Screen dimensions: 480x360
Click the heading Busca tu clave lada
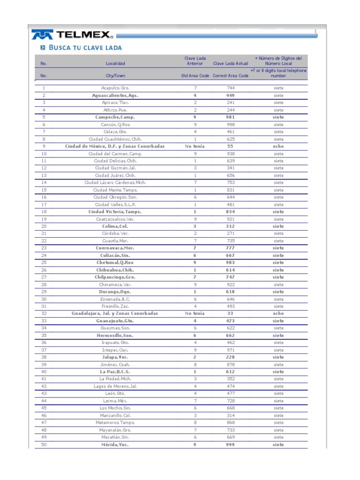coord(81,47)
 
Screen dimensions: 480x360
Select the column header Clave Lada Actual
coord(230,63)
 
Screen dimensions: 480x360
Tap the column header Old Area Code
coord(195,75)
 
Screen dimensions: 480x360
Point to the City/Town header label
coord(115,75)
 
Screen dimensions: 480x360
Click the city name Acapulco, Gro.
coord(115,88)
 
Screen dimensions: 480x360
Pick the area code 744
coord(230,88)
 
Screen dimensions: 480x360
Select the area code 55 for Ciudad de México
coord(230,146)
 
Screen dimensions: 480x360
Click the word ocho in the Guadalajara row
coord(278,314)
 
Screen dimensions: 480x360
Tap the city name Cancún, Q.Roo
coord(115,125)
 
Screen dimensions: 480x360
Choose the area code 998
coord(230,125)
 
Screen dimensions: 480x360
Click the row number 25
coord(44,262)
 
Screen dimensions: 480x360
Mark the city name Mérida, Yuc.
coord(115,445)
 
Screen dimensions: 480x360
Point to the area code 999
coord(230,445)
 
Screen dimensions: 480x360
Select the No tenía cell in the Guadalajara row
coord(195,314)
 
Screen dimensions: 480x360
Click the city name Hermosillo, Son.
coord(115,336)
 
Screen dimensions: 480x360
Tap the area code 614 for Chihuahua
coord(230,270)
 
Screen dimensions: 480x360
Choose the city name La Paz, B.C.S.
coord(115,372)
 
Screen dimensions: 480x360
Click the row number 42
coord(44,386)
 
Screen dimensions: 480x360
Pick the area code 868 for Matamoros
coord(230,423)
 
